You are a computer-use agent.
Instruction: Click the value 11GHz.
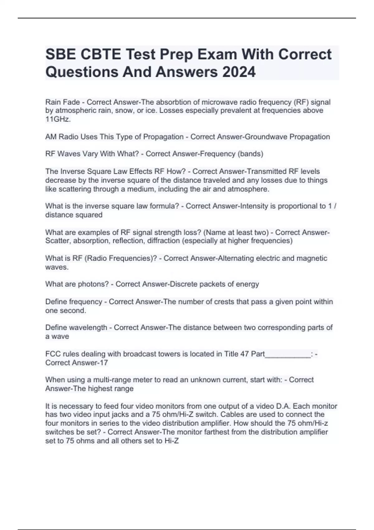(x=58, y=119)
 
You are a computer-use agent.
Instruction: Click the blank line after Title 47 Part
(x=288, y=354)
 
